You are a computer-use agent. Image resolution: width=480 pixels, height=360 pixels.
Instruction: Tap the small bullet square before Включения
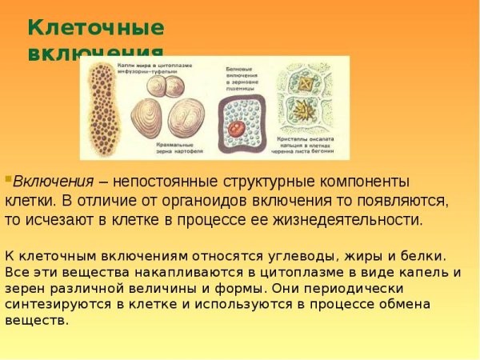click(x=8, y=178)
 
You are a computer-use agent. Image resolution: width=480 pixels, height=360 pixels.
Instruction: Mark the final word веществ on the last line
click(x=36, y=320)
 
